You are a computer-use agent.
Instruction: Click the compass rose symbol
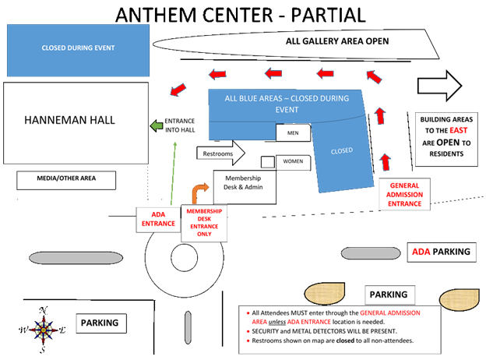coord(44,328)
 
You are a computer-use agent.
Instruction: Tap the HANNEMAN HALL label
coord(70,121)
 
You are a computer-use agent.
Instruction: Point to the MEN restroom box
coord(294,133)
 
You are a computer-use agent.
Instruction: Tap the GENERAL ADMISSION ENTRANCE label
coord(405,195)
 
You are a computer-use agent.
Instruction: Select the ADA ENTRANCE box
coord(158,217)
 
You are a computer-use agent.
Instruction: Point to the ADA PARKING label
coord(442,252)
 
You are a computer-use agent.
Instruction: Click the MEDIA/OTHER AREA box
coord(66,179)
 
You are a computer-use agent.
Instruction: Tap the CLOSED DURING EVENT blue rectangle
coord(78,48)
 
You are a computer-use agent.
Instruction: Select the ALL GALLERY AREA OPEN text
coord(337,41)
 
